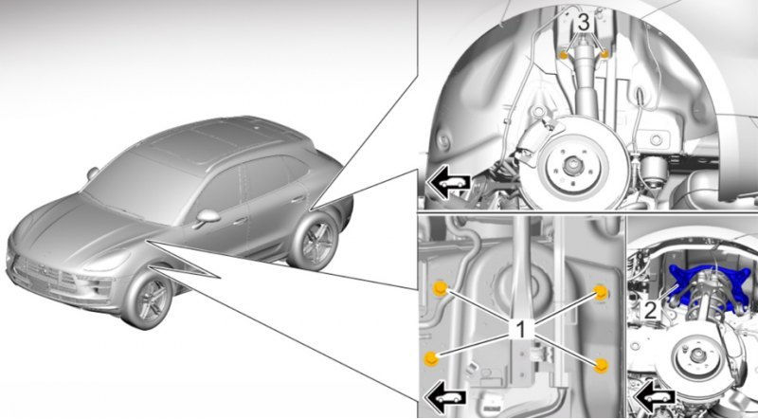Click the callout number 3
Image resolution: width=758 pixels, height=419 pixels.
pos(584,23)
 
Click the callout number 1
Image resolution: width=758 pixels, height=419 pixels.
pos(520,330)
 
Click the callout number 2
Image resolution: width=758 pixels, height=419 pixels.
pos(651,310)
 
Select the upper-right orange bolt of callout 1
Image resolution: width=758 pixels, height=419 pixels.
pos(600,293)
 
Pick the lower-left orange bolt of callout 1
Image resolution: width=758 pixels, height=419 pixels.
pos(431,358)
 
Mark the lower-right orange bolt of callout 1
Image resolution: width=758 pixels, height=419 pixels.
pos(601,366)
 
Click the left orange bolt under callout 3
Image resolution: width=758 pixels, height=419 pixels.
pos(564,54)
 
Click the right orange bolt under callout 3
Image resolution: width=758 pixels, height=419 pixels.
pos(604,54)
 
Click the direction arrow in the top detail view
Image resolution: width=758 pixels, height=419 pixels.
pos(448,184)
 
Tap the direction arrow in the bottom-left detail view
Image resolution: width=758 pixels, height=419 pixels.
pos(444,397)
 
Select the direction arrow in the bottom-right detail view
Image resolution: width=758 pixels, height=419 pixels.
pos(656,398)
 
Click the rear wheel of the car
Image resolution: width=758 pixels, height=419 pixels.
pos(316,241)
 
